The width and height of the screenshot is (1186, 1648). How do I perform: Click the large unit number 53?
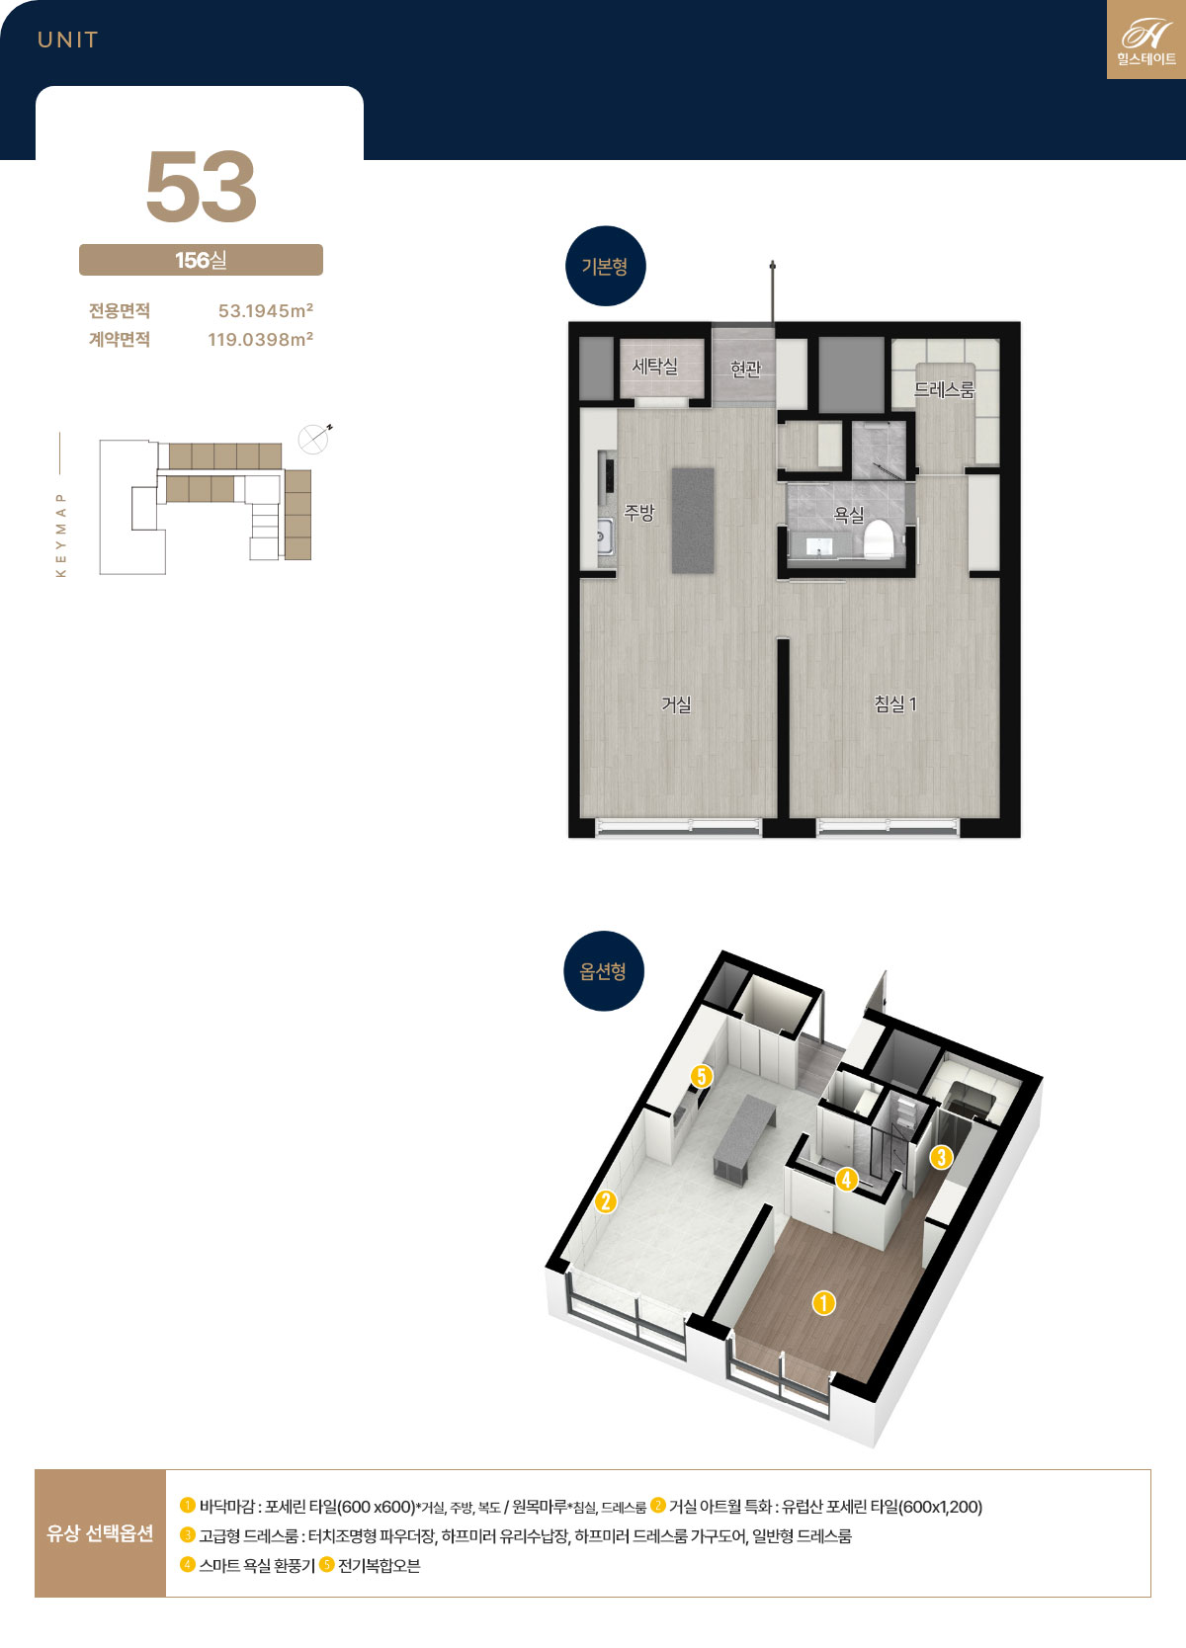point(201,186)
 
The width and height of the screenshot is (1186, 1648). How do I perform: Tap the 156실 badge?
point(201,260)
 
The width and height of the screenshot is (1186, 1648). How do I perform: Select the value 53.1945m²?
point(266,310)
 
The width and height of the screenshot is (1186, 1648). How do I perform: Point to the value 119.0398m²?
point(261,339)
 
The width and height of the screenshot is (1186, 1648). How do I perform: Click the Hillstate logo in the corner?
point(1146,40)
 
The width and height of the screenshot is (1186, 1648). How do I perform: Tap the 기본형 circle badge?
point(606,267)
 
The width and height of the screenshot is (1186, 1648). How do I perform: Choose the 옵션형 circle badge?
point(603,971)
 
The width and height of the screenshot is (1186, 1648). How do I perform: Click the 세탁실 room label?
point(655,366)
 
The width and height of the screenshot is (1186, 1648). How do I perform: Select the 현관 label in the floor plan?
point(745,369)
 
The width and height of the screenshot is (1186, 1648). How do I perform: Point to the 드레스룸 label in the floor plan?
point(944,389)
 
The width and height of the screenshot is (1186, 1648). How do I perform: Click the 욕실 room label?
point(848,515)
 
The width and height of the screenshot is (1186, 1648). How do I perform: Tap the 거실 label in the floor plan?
point(676,704)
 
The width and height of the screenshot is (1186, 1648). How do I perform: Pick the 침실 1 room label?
point(895,704)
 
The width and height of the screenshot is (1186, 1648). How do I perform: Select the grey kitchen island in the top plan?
point(693,521)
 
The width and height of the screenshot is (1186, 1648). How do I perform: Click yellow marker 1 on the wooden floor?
point(824,1303)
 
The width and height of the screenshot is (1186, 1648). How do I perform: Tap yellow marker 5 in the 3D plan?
point(701,1076)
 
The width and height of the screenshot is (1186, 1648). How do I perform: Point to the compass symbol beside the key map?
point(314,440)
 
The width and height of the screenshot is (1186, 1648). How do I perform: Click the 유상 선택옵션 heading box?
point(100,1533)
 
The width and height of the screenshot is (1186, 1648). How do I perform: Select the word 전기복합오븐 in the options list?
point(379,1566)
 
